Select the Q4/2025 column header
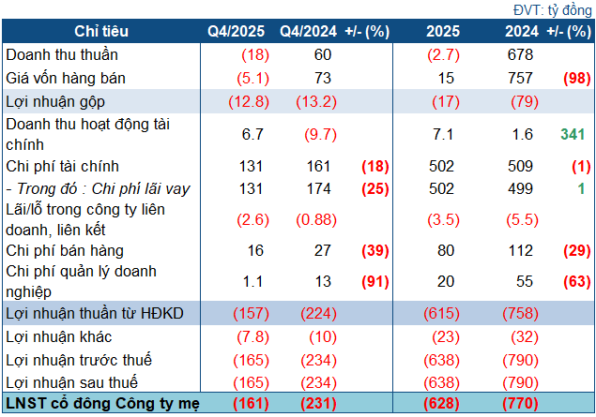pos(229,32)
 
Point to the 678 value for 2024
pos(515,55)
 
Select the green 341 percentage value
pos(573,135)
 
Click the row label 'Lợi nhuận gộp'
pos(50,100)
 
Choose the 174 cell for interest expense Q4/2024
pos(318,188)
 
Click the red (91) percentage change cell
pos(375,281)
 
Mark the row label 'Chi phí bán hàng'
pos(65,250)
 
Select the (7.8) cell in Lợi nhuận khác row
pos(229,335)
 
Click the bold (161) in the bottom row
pos(229,404)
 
